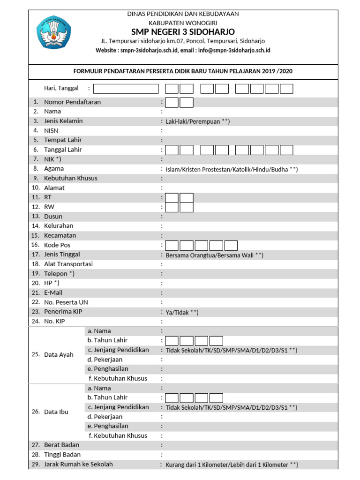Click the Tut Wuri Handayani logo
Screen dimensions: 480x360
click(53, 32)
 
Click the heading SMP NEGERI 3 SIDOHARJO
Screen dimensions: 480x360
click(183, 31)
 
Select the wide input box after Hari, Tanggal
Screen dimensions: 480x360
click(126, 89)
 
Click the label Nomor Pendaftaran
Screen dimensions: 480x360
click(72, 102)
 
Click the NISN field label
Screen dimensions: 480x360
click(51, 131)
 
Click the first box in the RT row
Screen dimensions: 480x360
click(172, 198)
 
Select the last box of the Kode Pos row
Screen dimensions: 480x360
click(231, 246)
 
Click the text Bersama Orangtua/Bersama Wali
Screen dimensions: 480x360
click(214, 255)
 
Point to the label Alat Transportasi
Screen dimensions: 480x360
click(68, 264)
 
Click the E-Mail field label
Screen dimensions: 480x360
click(53, 293)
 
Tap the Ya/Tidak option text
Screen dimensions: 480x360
click(182, 313)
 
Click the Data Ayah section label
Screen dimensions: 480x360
click(59, 355)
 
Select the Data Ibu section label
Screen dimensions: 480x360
click(56, 412)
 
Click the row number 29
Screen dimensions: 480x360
click(36, 465)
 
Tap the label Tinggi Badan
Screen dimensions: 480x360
click(62, 455)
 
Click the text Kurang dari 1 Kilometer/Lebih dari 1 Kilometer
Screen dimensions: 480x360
click(232, 465)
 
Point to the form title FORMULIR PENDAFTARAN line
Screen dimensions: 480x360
click(183, 71)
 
